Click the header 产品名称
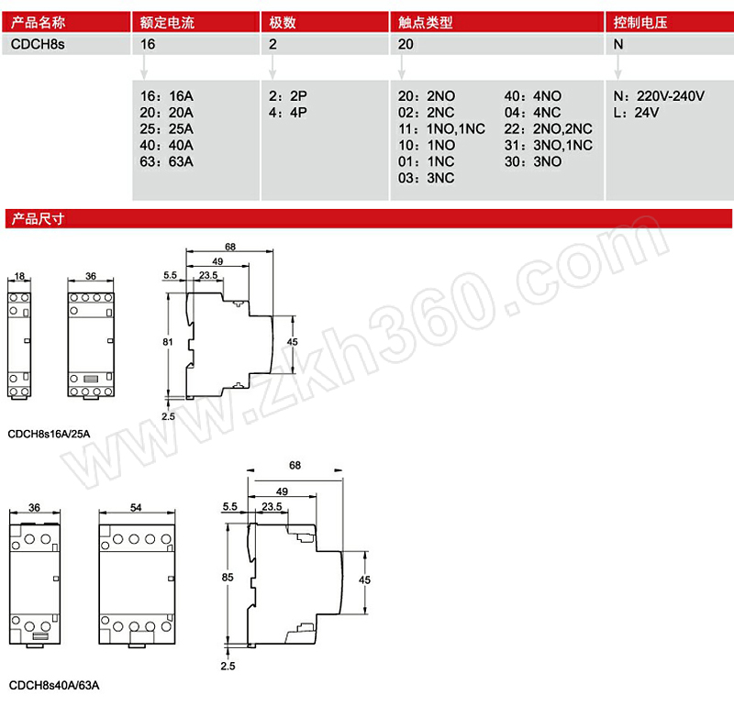pyautogui.click(x=38, y=22)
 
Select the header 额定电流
pyautogui.click(x=167, y=22)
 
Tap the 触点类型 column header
pyautogui.click(x=426, y=22)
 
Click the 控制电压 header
pyautogui.click(x=640, y=22)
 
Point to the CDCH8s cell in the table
pyautogui.click(x=38, y=44)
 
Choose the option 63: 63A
pyautogui.click(x=167, y=161)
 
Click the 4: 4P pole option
pyautogui.click(x=288, y=112)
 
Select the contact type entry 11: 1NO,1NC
pyautogui.click(x=441, y=128)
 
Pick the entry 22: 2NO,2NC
pyautogui.click(x=548, y=128)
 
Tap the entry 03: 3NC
pyautogui.click(x=427, y=178)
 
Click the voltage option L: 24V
pyautogui.click(x=636, y=112)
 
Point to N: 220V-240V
pyautogui.click(x=659, y=96)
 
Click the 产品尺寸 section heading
pyautogui.click(x=38, y=218)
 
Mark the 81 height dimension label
pyautogui.click(x=168, y=342)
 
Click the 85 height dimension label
pyautogui.click(x=228, y=578)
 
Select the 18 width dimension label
pyautogui.click(x=19, y=276)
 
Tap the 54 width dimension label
pyautogui.click(x=136, y=507)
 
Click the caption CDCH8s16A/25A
pyautogui.click(x=50, y=434)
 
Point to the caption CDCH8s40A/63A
pyautogui.click(x=54, y=686)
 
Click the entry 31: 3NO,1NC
pyautogui.click(x=548, y=145)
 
